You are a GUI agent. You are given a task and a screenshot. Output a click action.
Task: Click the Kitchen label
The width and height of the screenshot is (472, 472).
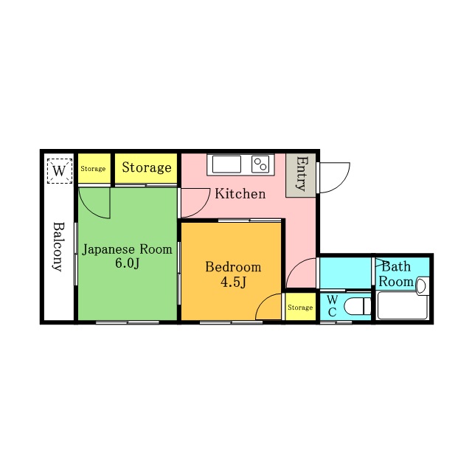[x=240, y=194]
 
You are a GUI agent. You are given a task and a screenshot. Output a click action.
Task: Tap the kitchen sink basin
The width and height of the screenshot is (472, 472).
[x=226, y=164]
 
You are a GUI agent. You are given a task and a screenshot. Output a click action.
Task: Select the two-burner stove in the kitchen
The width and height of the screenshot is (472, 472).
[x=260, y=164]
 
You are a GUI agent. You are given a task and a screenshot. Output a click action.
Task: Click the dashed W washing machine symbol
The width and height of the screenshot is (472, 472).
[x=59, y=170]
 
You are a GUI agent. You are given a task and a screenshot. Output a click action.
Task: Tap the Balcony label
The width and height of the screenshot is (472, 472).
[x=58, y=247]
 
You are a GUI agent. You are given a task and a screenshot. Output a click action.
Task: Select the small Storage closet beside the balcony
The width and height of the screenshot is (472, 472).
[x=94, y=168]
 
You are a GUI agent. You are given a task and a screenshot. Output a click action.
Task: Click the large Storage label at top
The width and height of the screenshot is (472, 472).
[x=147, y=167]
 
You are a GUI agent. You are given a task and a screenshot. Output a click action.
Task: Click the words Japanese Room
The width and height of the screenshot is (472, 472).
[x=127, y=249]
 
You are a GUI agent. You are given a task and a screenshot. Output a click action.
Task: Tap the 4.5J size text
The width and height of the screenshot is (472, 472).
[x=234, y=282]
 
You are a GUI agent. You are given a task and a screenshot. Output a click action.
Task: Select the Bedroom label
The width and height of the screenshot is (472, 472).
[x=233, y=267]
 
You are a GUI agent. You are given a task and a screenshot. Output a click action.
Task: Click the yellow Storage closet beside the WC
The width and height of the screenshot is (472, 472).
[x=300, y=307]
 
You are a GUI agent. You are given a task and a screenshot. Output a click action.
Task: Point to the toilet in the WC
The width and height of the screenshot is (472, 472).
[x=357, y=306]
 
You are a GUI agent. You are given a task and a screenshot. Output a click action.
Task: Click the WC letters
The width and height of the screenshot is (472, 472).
[x=332, y=306]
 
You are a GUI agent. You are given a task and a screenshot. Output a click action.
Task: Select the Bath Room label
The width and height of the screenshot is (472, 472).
[x=396, y=274]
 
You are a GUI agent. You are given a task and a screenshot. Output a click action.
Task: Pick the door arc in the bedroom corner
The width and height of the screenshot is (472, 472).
[x=263, y=301]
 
